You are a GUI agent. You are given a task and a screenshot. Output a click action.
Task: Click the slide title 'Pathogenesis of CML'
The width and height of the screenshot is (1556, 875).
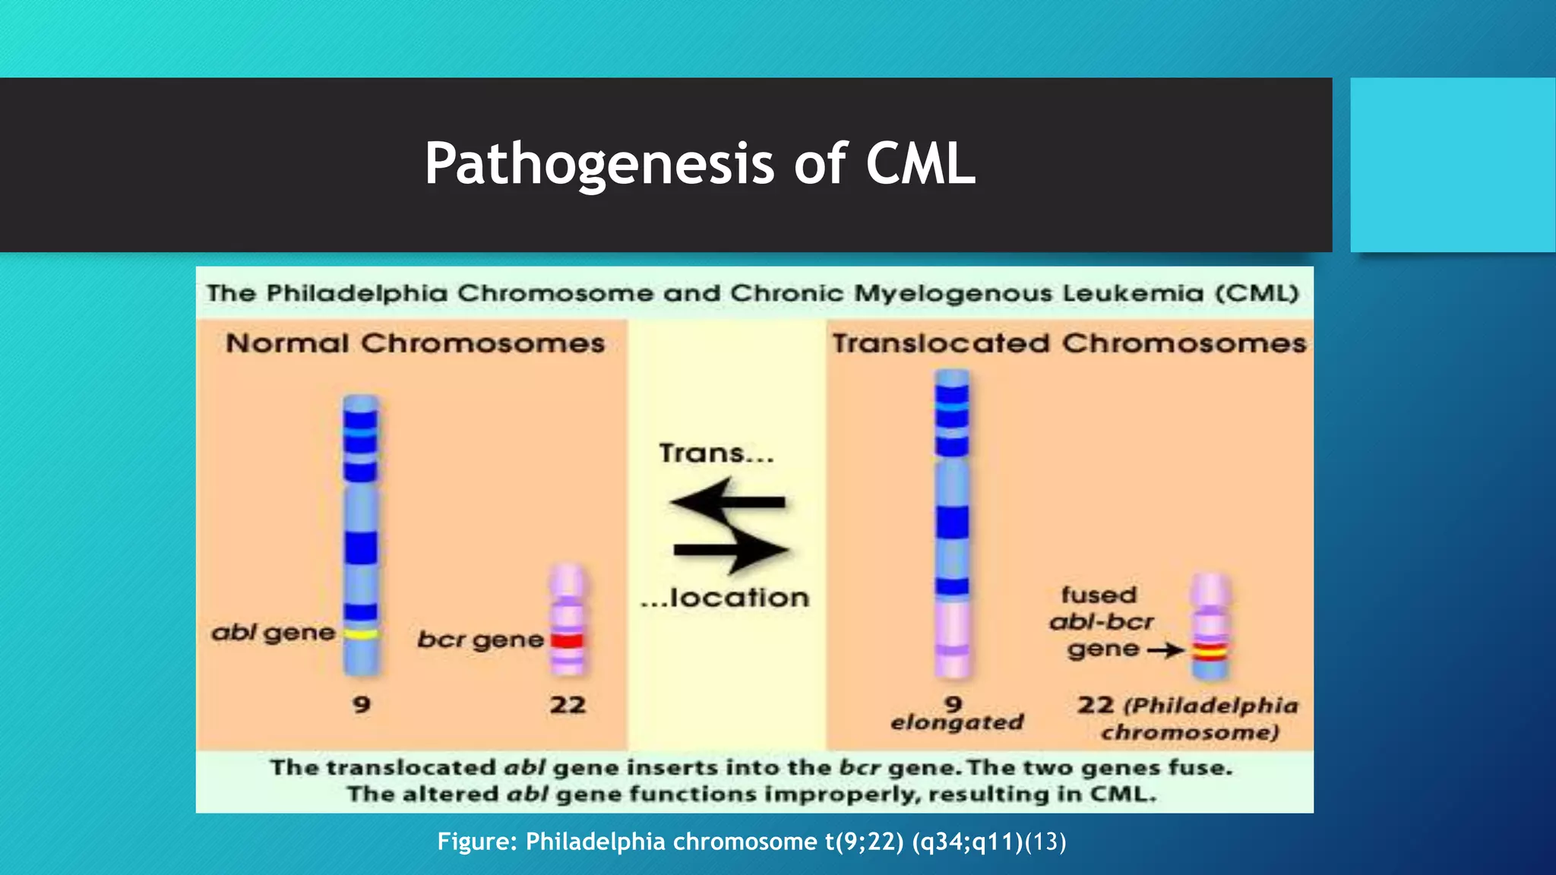[x=700, y=163]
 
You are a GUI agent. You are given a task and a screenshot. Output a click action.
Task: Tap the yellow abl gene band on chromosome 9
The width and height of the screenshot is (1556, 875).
[x=361, y=633]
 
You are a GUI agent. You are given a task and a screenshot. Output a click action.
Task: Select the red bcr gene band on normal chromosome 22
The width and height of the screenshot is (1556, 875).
[x=567, y=640]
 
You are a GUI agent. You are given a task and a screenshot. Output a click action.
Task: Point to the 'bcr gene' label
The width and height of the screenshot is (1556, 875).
[x=480, y=640]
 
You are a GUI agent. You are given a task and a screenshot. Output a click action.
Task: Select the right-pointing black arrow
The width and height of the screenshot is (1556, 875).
[x=731, y=549]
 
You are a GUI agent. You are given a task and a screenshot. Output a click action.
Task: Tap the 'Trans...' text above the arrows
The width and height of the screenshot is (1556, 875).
[x=716, y=453]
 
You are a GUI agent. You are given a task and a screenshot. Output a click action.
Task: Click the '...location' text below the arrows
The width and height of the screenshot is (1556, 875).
[x=725, y=598]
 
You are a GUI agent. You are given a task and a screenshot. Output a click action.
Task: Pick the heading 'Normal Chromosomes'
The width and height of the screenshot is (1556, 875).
[x=415, y=343]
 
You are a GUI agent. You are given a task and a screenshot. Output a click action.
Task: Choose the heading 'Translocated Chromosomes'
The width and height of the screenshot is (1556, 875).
[x=1069, y=343]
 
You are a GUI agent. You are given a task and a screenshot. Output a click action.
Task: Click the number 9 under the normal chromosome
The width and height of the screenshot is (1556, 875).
[x=362, y=705]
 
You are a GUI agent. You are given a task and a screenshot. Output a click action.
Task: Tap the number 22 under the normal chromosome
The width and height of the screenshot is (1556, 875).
[x=568, y=705]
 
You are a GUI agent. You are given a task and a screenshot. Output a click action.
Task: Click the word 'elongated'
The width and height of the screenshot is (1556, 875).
[x=957, y=722]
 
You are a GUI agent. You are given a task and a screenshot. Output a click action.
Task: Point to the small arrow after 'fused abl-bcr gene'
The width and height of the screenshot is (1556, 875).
[x=1165, y=650]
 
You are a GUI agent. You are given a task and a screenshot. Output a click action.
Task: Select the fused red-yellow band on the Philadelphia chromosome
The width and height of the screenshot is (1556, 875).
[x=1210, y=651]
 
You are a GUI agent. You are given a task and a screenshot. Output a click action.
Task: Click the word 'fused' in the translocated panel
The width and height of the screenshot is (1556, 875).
[x=1099, y=595]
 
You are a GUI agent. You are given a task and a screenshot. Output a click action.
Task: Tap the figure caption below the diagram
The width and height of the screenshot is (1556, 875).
[x=751, y=842]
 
